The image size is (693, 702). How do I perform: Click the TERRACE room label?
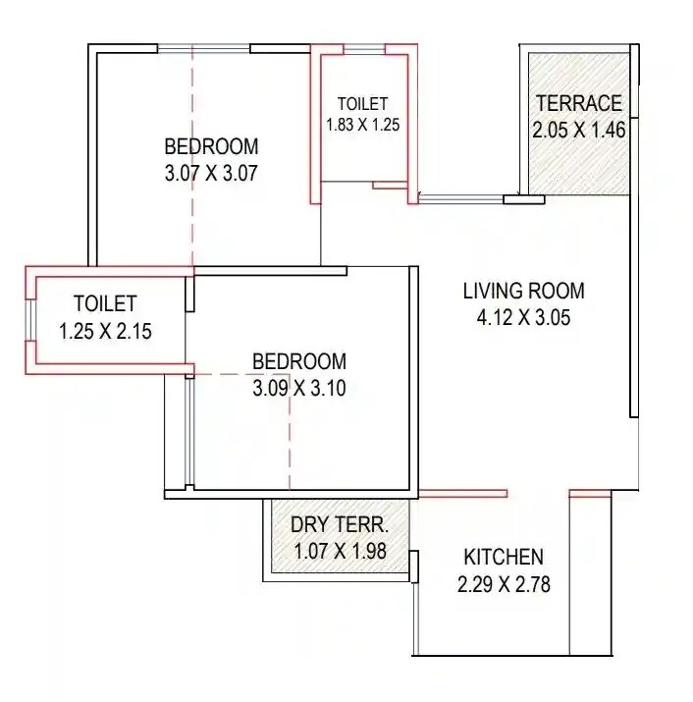pos(578,103)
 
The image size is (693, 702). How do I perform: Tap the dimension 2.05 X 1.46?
pos(578,129)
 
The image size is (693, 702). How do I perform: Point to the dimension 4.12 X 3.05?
pos(523,317)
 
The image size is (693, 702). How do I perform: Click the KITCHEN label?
pos(504,558)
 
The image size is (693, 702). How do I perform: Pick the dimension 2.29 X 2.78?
pos(504,585)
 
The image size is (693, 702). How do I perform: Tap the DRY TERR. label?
pos(340,524)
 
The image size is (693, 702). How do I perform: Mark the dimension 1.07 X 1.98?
pos(340,551)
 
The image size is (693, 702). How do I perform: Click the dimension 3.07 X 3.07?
pos(211,174)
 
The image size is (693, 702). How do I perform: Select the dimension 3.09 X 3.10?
pos(299,387)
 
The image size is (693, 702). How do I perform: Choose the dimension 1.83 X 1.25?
pos(363,125)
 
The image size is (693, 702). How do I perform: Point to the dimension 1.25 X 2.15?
pos(105,331)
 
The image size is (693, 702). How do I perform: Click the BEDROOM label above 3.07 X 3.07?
pos(211,147)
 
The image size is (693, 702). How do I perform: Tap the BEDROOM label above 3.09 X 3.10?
pos(299,360)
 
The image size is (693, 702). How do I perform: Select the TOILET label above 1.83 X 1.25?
pos(362,103)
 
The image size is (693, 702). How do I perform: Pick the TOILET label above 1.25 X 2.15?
pos(105,304)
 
